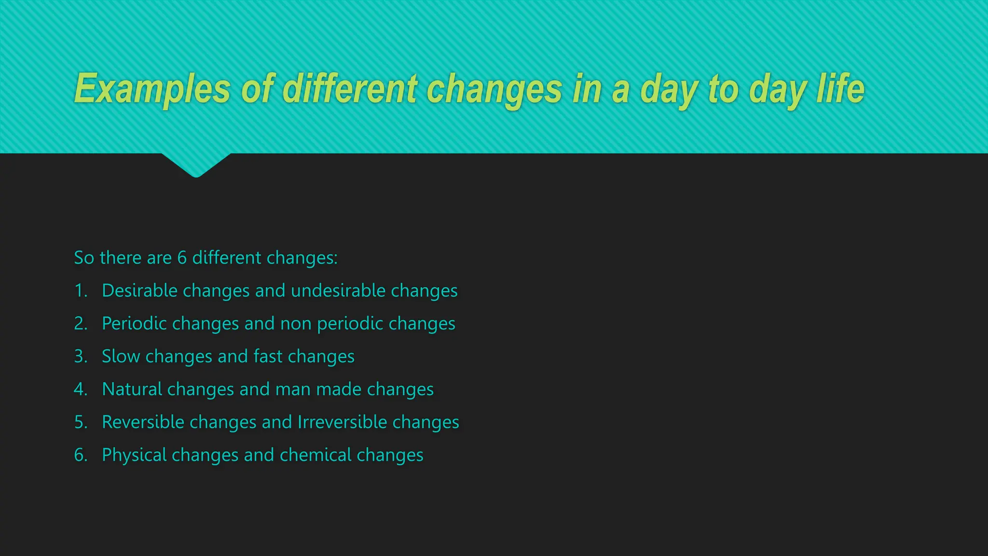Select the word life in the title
pyautogui.click(x=840, y=89)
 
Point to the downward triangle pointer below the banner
pyautogui.click(x=196, y=165)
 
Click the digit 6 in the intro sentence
pyautogui.click(x=182, y=258)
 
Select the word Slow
pyautogui.click(x=121, y=356)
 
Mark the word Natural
pyautogui.click(x=132, y=389)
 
